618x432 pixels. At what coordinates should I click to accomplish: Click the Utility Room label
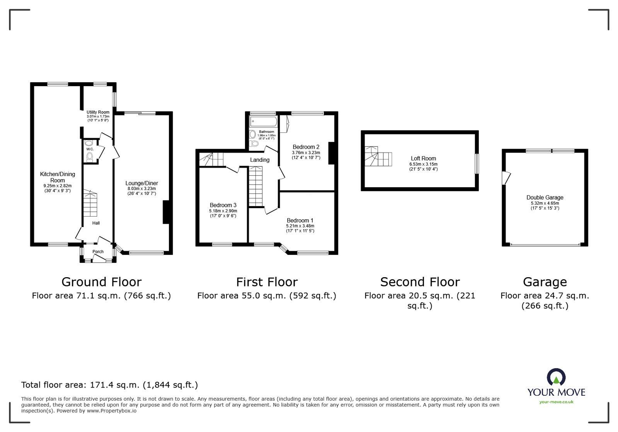click(98, 112)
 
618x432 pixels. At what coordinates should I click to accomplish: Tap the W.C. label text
click(90, 149)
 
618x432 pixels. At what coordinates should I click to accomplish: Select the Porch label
click(98, 252)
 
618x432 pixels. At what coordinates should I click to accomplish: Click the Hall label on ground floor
click(96, 223)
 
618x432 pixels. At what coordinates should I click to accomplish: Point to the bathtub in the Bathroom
click(263, 122)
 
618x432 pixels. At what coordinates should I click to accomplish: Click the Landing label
click(260, 160)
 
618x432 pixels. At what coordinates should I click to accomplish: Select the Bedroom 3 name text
click(223, 205)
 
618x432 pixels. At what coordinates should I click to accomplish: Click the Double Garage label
click(545, 198)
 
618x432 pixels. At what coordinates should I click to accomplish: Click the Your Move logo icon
click(556, 378)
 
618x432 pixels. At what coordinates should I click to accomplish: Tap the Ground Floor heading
click(101, 282)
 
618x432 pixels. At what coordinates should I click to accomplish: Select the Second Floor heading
click(420, 282)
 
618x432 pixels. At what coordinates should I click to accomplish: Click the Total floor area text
click(109, 385)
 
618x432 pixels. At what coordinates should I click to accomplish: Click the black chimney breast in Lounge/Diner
click(167, 212)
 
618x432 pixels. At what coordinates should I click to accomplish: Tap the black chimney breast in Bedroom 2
click(331, 153)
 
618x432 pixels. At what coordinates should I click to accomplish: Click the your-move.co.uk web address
click(556, 402)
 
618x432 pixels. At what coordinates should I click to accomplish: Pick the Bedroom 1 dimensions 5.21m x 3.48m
click(300, 226)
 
